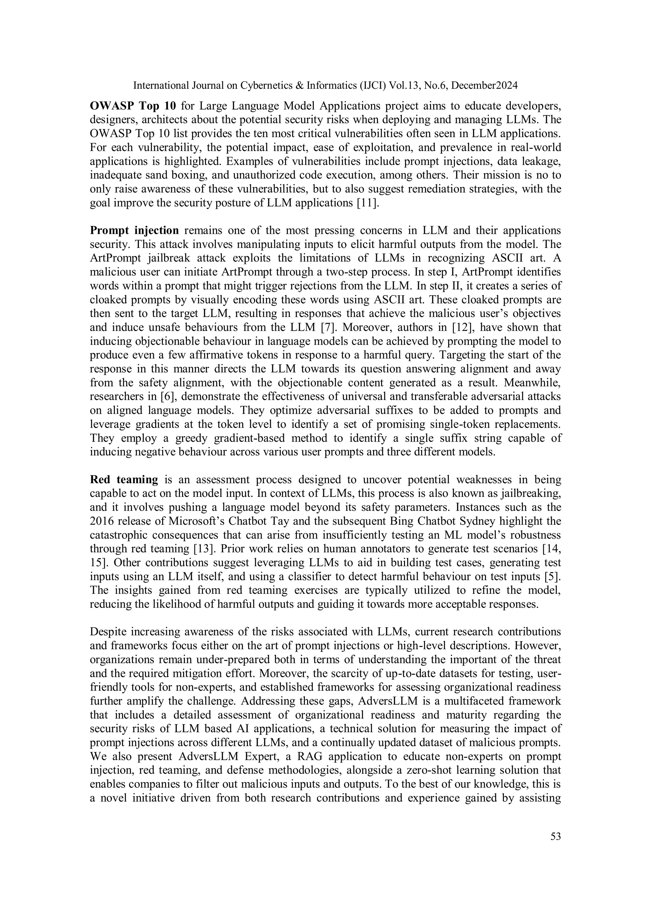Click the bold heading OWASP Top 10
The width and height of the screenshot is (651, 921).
(133, 106)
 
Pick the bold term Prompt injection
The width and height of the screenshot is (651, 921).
(134, 231)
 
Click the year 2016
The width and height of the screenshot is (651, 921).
(101, 521)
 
